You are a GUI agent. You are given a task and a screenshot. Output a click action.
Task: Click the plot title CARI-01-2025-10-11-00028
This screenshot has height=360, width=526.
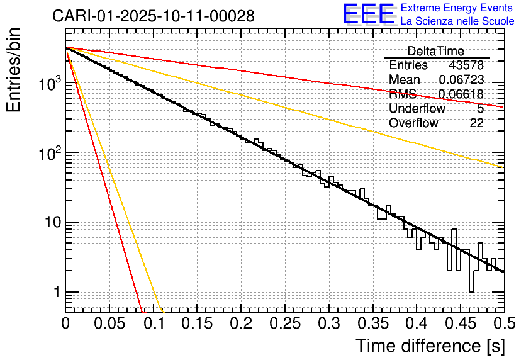(154, 16)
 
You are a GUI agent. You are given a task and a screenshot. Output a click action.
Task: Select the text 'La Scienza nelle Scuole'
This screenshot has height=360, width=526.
(457, 21)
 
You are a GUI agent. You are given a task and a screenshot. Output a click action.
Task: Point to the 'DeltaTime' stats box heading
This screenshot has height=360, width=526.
(435, 51)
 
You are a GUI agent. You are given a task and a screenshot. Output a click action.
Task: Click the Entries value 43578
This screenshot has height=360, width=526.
(466, 65)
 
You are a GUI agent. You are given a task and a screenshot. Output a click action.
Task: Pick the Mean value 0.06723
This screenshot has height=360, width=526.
(461, 80)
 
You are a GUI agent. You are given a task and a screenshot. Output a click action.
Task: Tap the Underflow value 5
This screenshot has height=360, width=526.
(480, 109)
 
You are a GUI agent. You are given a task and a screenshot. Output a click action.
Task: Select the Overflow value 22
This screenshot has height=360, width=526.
(476, 123)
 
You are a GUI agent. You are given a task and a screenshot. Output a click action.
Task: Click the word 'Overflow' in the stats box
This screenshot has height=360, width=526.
(413, 123)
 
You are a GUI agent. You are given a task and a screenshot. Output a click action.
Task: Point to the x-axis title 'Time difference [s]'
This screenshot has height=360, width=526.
(429, 346)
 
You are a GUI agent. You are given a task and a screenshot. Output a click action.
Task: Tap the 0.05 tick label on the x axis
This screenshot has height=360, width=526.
(109, 324)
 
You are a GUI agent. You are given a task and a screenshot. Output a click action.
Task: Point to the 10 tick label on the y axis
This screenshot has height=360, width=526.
(51, 223)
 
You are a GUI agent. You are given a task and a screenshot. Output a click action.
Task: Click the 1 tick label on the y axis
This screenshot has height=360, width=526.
(55, 293)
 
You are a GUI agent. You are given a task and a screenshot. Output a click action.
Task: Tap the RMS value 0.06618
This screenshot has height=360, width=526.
(461, 94)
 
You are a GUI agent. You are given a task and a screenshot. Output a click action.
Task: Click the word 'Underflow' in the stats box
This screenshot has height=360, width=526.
(417, 109)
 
